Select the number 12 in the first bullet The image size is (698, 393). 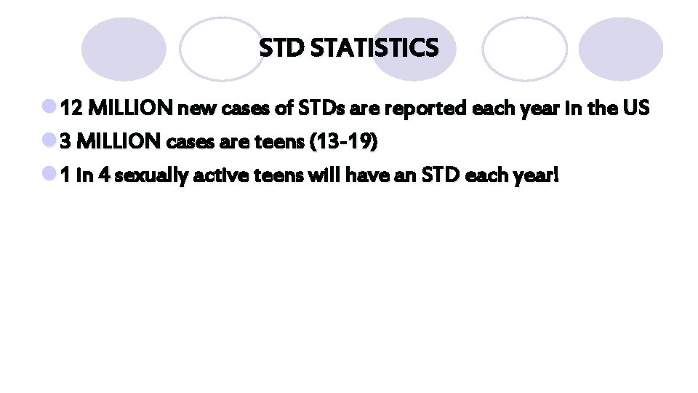click(x=71, y=109)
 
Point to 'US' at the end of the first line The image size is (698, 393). click(x=635, y=109)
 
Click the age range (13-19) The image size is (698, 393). click(x=343, y=143)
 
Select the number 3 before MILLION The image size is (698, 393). click(x=65, y=143)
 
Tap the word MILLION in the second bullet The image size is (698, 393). click(x=119, y=143)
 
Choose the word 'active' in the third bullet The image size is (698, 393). click(x=206, y=177)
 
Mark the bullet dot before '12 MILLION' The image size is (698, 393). click(x=49, y=108)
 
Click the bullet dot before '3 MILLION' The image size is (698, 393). click(x=49, y=142)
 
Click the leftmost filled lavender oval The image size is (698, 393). click(x=124, y=49)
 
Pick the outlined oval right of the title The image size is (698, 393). click(x=523, y=49)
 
